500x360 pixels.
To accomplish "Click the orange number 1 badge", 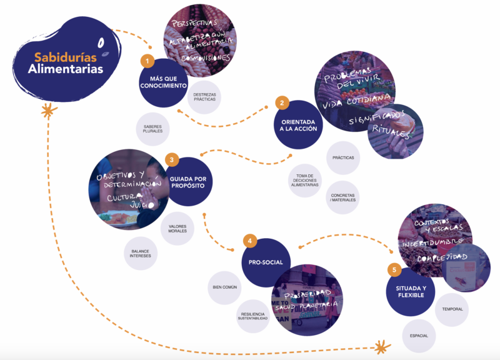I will click(x=147, y=61).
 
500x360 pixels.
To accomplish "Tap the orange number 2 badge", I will click(x=282, y=102).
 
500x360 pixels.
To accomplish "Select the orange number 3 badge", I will click(x=172, y=159).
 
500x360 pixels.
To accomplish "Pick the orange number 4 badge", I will click(x=250, y=241).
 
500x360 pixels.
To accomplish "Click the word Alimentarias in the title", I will click(x=66, y=69).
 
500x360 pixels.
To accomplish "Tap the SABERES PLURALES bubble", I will click(x=152, y=129).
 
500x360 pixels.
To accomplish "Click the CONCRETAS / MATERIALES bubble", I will click(x=344, y=198).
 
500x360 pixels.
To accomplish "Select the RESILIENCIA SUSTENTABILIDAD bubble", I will click(x=253, y=316).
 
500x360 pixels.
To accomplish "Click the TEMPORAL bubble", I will click(x=452, y=309).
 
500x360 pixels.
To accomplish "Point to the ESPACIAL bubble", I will click(x=419, y=336).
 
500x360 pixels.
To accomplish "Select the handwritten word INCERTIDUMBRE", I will click(x=432, y=241).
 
